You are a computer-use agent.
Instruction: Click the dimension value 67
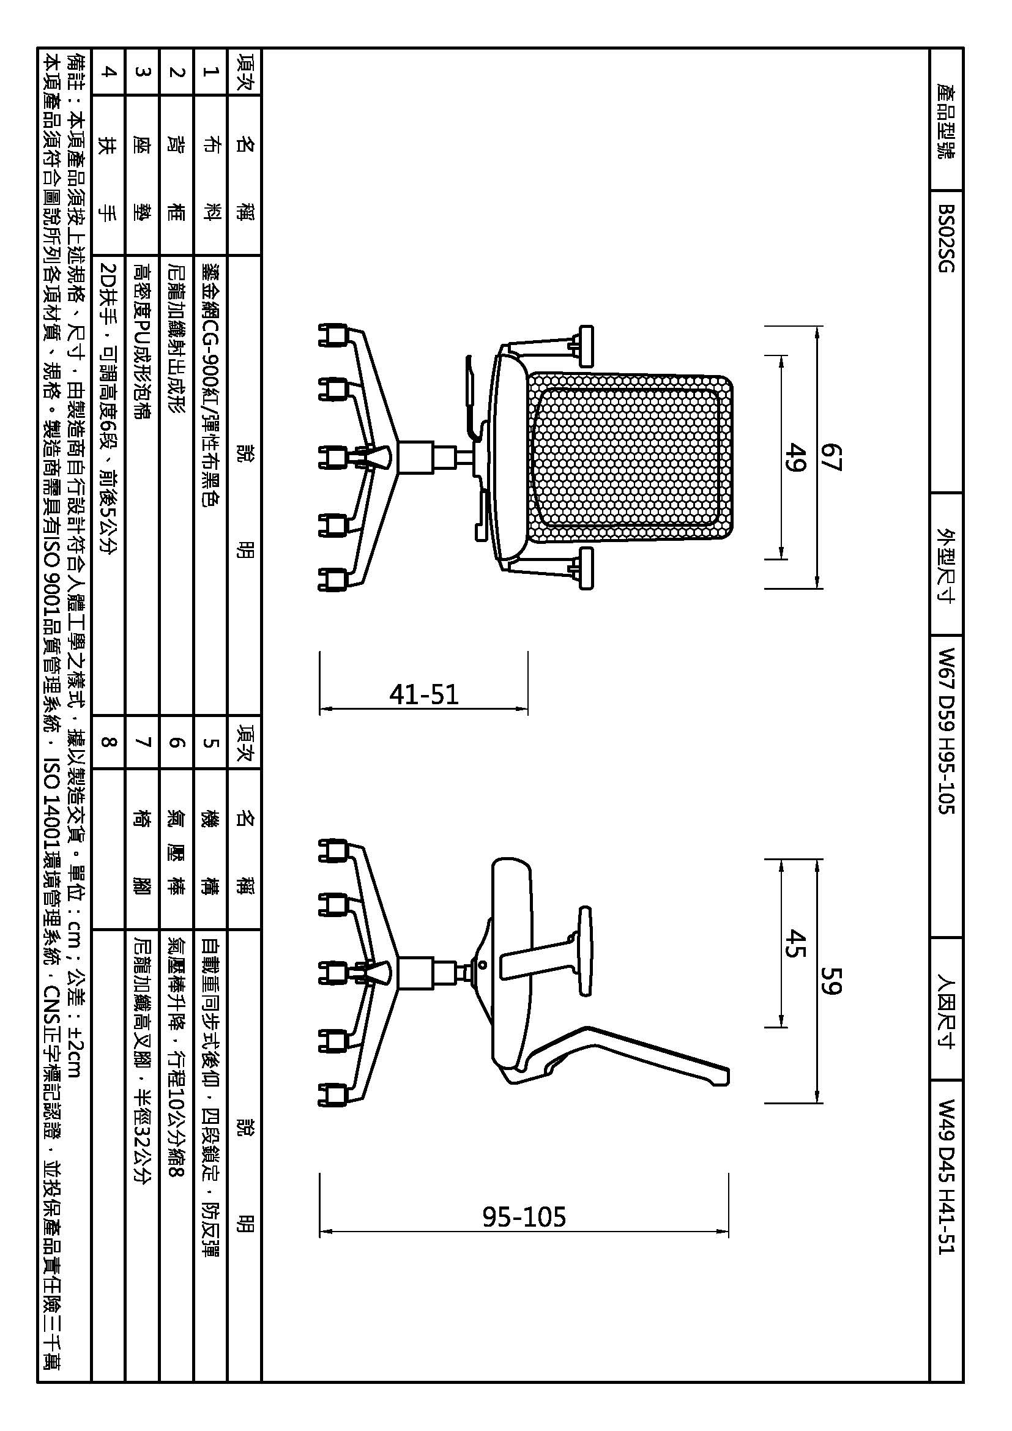click(832, 457)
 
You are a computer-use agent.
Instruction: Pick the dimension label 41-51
click(424, 694)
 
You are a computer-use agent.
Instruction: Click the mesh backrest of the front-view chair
click(630, 458)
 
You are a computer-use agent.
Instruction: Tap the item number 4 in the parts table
click(108, 72)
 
